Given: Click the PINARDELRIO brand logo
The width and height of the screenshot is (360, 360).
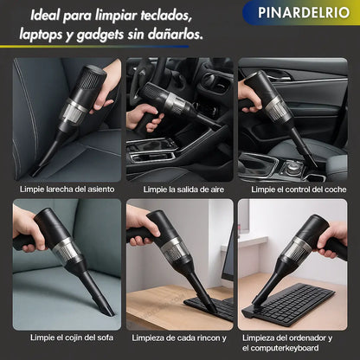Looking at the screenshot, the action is pos(304,12).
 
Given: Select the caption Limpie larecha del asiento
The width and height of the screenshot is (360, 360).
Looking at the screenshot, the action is pos(67,190).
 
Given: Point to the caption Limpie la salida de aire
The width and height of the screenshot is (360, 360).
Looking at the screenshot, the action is pos(183,190).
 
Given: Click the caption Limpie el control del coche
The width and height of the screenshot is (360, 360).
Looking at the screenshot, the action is pos(299,190).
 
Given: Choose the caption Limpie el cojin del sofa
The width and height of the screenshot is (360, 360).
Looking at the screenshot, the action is pos(72,337).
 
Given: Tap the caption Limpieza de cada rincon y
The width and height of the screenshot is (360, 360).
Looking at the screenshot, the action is pos(179,337).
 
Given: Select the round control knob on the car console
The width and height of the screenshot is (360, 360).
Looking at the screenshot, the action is pos(293,167).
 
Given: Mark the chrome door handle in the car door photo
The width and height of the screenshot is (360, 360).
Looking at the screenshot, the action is pos(274,77).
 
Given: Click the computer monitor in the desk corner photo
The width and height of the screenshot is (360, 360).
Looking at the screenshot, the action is pos(228,254).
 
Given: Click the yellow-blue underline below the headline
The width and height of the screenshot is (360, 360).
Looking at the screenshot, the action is pos(94,46).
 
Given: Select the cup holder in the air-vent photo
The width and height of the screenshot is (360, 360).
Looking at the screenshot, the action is pos(151,149).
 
